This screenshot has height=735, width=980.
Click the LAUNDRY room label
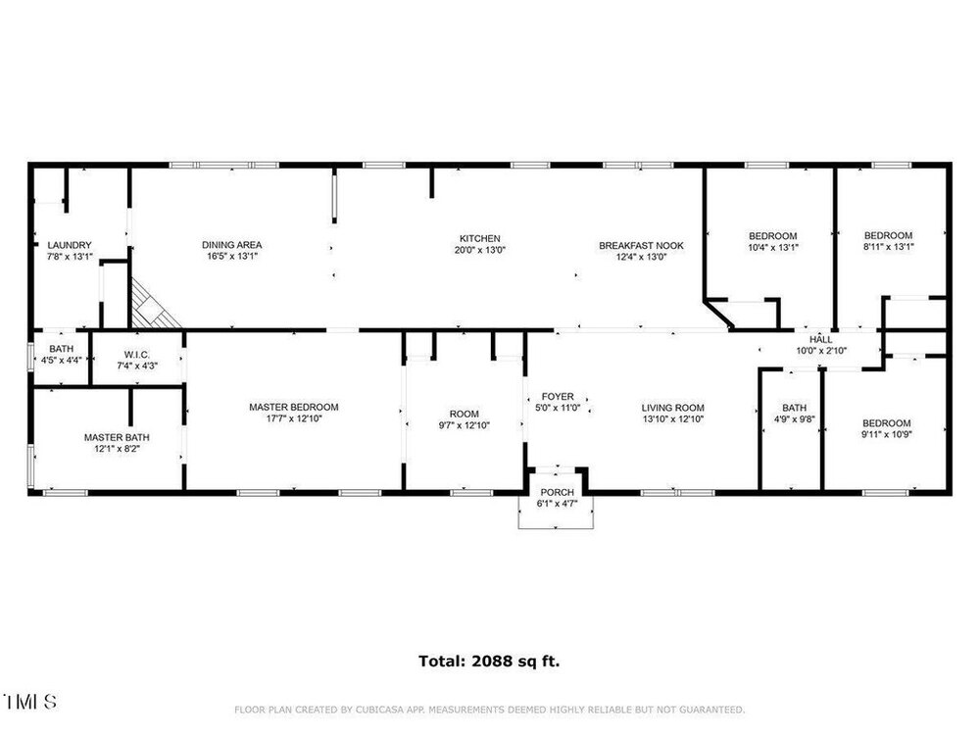click(x=70, y=246)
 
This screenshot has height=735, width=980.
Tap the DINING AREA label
click(x=232, y=245)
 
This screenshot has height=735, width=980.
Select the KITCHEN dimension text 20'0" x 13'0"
click(x=480, y=250)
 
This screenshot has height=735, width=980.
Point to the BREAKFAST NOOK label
click(x=641, y=246)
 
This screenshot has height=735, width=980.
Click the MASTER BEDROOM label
click(x=294, y=407)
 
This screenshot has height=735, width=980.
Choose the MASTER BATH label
click(x=117, y=437)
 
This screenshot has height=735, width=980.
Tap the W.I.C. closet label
click(x=137, y=355)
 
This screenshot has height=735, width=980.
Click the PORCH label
click(x=557, y=493)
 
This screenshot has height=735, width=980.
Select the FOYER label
click(x=558, y=396)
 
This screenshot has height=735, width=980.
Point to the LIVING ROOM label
click(x=673, y=408)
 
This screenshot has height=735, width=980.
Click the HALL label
click(x=821, y=339)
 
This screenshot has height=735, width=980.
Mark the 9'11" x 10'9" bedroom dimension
click(x=887, y=434)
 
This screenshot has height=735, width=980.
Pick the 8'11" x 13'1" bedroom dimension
click(x=888, y=247)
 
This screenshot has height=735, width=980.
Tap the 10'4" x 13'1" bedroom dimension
click(x=773, y=248)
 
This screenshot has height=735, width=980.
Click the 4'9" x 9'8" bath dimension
click(x=795, y=419)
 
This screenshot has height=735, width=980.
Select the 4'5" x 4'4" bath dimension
click(x=61, y=360)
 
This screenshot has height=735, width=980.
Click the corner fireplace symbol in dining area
click(x=152, y=306)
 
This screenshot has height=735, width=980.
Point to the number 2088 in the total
click(x=492, y=661)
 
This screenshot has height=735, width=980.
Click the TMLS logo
click(x=30, y=702)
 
